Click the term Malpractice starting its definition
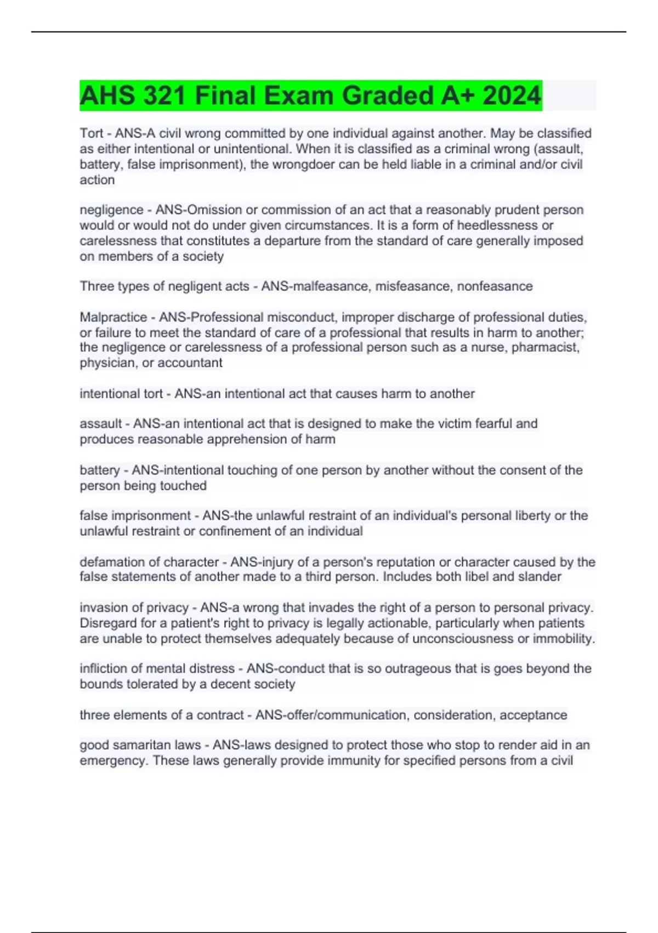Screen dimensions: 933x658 (114, 317)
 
